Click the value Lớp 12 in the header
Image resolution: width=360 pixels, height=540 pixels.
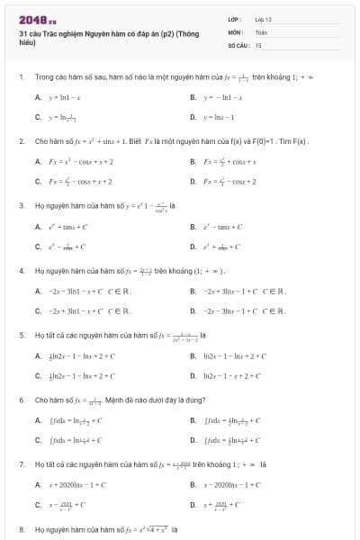pyautogui.click(x=263, y=19)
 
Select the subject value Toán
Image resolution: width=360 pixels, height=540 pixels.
pyautogui.click(x=262, y=31)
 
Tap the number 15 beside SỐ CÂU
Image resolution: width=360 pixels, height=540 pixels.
pyautogui.click(x=258, y=44)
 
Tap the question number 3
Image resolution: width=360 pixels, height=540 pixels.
pyautogui.click(x=21, y=205)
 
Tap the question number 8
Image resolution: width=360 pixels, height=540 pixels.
pyautogui.click(x=21, y=529)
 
